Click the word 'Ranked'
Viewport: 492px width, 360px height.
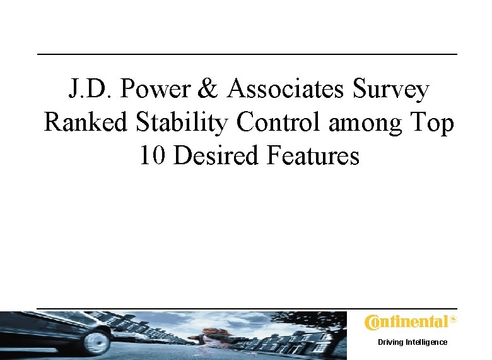pyautogui.click(x=86, y=123)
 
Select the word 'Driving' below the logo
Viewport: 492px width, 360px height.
pyautogui.click(x=392, y=342)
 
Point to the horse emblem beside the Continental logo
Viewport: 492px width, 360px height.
pyautogui.click(x=452, y=320)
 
